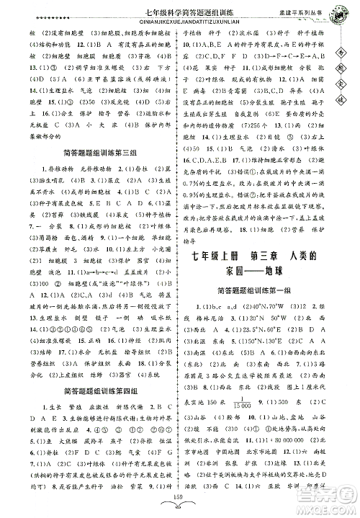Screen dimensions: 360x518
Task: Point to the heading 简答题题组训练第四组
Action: click(90, 390)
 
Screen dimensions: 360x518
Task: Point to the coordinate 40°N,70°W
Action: click(271, 309)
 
